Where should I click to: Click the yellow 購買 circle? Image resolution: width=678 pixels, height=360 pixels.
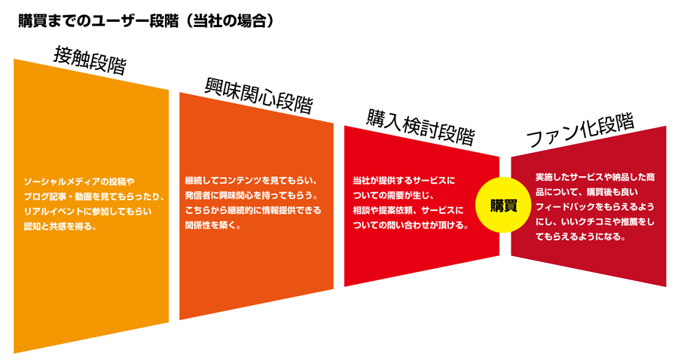(x=504, y=205)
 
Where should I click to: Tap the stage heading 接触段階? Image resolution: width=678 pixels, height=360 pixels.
(x=90, y=61)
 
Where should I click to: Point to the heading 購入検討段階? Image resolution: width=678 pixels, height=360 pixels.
(x=420, y=127)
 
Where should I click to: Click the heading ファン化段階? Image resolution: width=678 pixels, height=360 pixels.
(x=580, y=130)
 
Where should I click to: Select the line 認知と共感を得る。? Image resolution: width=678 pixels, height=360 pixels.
(x=60, y=226)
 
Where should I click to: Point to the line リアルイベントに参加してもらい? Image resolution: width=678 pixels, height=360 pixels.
(x=88, y=212)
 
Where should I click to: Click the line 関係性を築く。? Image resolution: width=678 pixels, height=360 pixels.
(x=213, y=225)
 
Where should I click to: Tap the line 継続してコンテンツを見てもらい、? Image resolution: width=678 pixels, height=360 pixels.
(x=252, y=180)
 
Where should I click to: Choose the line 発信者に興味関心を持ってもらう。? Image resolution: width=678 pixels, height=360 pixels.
(x=252, y=195)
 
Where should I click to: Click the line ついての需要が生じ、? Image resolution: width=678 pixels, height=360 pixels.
(x=393, y=195)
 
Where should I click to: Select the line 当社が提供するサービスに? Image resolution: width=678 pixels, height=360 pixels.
(x=404, y=180)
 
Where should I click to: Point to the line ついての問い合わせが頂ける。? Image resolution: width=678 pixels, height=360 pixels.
(x=411, y=225)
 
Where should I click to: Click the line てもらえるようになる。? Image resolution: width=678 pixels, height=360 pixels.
(x=581, y=236)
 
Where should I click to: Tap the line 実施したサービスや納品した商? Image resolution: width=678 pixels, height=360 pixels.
(x=595, y=177)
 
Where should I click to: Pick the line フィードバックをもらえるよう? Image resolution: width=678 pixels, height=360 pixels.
(x=595, y=206)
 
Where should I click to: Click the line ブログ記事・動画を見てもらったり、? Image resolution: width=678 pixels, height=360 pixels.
(x=94, y=197)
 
